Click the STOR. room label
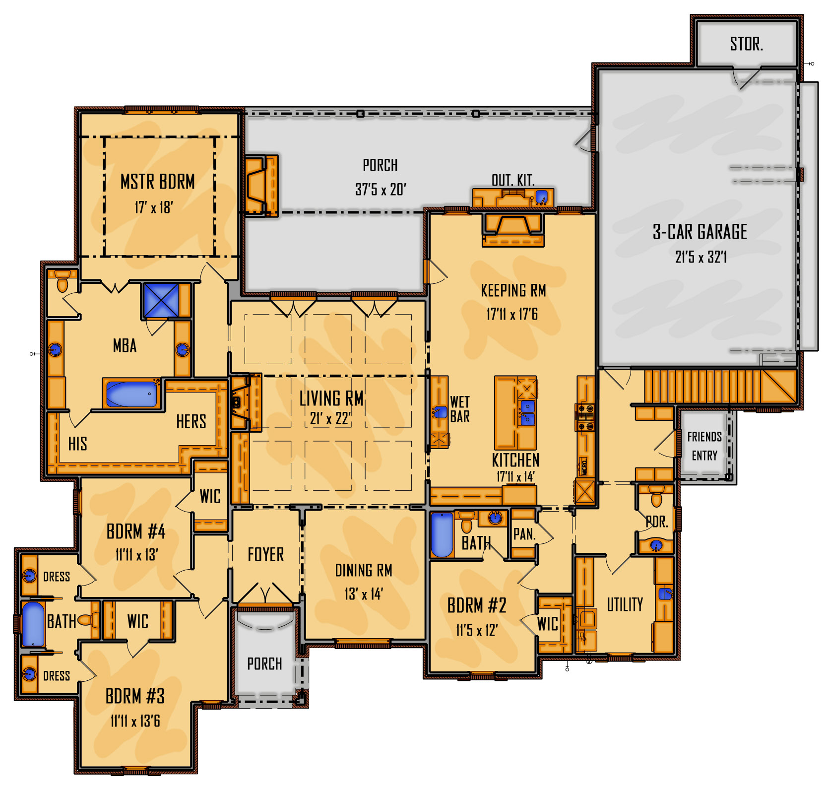746,44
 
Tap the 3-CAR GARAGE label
700,232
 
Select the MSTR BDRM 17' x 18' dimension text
153,207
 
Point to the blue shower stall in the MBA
161,300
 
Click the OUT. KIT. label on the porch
513,180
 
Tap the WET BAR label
459,409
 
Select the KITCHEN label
515,460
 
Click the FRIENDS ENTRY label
704,446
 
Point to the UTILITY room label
625,604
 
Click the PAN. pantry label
524,534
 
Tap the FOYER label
266,554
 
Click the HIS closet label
78,444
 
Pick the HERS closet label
191,422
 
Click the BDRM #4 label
136,531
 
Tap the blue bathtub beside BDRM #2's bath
442,535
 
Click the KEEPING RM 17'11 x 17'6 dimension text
512,314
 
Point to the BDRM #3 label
135,696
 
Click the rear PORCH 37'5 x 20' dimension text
381,189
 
